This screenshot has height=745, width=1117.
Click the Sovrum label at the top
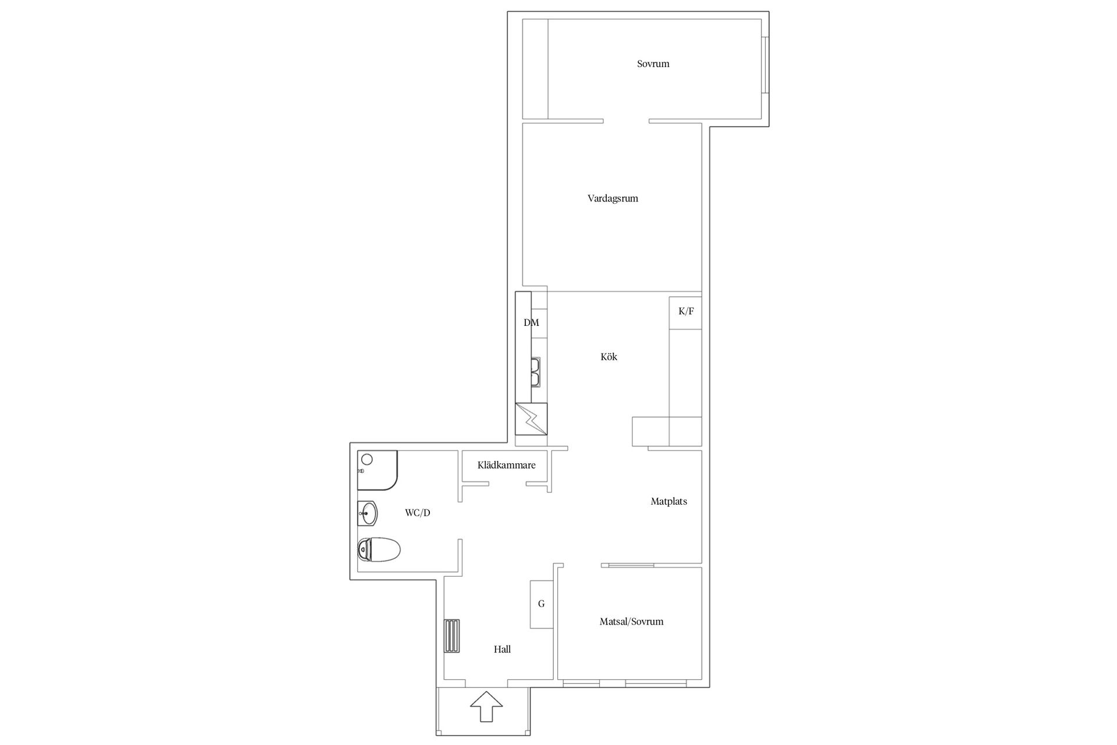(653, 64)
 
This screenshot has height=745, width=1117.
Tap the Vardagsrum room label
(613, 198)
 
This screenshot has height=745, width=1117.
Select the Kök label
(609, 357)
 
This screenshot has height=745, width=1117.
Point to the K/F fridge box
(685, 313)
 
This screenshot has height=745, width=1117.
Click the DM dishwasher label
(531, 322)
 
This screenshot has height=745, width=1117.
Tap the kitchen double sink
(535, 372)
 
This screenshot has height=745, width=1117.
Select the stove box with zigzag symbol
(531, 419)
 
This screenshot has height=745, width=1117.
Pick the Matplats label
(668, 501)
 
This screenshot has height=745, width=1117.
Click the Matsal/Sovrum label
(631, 622)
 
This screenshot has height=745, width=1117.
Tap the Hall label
(502, 650)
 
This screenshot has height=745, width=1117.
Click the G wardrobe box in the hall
(541, 604)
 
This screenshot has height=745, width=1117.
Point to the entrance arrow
(486, 707)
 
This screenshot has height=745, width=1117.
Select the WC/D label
(418, 513)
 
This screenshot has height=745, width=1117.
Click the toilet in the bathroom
(379, 549)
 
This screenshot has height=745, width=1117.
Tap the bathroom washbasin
(368, 513)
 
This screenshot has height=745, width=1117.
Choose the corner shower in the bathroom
(377, 470)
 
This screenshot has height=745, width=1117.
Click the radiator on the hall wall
(452, 637)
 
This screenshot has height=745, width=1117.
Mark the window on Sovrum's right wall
(766, 65)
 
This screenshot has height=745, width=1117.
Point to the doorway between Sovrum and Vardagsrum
(626, 121)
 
